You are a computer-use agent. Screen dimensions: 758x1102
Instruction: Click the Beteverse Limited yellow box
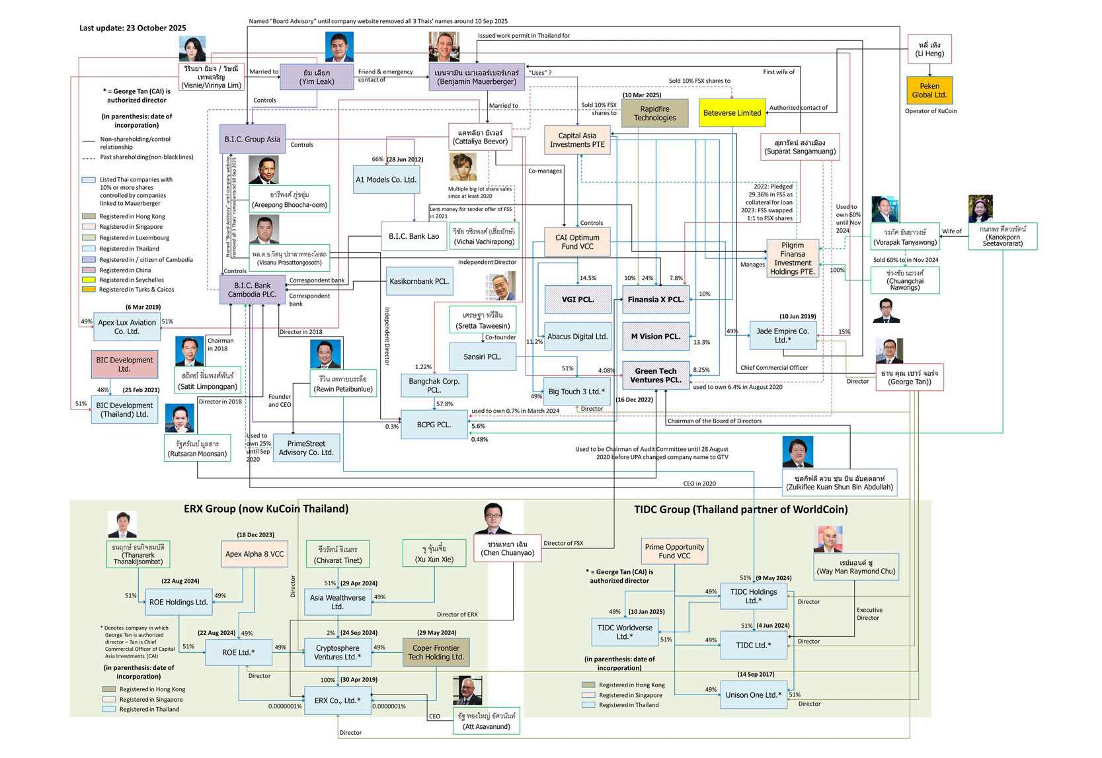[731, 113]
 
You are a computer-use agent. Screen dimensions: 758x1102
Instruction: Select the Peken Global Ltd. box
[929, 91]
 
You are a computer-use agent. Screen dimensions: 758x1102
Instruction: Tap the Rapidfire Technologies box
[654, 113]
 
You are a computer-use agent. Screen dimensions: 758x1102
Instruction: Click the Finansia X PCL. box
[655, 300]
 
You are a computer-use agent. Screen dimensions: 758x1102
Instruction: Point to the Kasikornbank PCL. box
[418, 282]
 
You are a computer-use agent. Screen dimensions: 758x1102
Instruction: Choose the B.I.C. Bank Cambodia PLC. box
[252, 290]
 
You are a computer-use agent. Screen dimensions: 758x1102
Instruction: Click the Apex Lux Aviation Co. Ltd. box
[126, 327]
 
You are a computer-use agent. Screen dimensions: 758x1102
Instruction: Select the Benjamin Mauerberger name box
[476, 77]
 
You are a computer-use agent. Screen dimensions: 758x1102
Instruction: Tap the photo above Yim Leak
[339, 47]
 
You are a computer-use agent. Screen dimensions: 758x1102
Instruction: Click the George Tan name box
[909, 378]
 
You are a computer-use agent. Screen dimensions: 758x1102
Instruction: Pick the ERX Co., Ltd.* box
[337, 700]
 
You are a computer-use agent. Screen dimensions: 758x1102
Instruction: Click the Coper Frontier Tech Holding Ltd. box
[436, 653]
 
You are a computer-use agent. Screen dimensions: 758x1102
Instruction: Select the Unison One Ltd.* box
[753, 695]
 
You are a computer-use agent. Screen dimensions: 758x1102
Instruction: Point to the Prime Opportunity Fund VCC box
[674, 551]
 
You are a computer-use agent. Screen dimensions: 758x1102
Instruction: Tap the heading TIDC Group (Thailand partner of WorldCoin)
[740, 509]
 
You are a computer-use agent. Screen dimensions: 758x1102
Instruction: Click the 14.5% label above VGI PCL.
[587, 278]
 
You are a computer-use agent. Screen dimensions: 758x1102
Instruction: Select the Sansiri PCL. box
[482, 357]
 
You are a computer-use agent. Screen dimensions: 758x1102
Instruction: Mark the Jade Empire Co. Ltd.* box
[782, 335]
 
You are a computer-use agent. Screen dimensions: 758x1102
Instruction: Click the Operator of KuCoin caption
[930, 111]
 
